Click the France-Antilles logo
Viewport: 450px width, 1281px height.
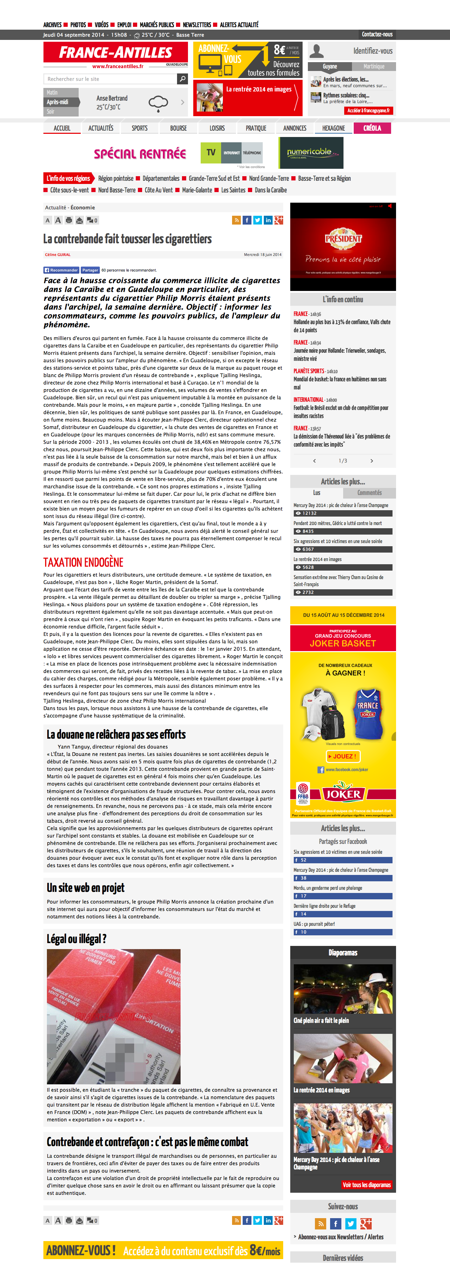[x=115, y=53]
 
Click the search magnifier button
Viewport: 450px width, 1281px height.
[x=182, y=79]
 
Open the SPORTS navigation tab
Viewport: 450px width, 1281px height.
[x=140, y=128]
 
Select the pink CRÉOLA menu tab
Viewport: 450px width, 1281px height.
[x=372, y=128]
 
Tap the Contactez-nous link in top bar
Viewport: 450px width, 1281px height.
[x=377, y=34]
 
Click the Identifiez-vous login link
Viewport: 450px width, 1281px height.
[x=372, y=51]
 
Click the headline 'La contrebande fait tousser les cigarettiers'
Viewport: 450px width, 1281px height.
[x=128, y=239]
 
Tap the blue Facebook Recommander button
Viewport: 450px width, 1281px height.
[x=61, y=270]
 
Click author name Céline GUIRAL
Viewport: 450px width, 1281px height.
[x=57, y=255]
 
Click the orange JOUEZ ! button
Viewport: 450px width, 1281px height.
[x=343, y=756]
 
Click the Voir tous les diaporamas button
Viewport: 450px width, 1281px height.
[x=366, y=1185]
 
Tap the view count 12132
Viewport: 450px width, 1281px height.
[x=309, y=513]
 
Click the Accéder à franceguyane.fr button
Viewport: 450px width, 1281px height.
[x=368, y=111]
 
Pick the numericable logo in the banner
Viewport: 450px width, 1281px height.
[x=310, y=152]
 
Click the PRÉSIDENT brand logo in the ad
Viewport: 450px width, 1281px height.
[x=343, y=238]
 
